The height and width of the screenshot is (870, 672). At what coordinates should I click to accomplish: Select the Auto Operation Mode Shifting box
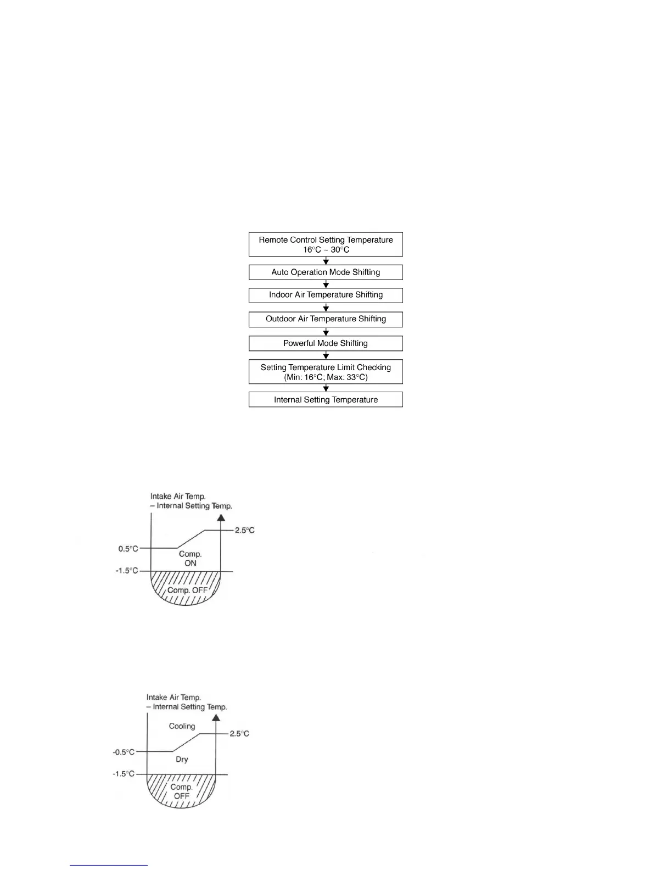(326, 272)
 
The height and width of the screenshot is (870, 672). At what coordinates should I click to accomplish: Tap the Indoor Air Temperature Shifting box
(326, 295)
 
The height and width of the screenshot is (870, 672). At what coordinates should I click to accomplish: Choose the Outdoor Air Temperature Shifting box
(326, 319)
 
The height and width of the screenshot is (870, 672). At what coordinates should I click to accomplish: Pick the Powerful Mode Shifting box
(326, 343)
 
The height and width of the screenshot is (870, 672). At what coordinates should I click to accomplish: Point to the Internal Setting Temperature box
(326, 400)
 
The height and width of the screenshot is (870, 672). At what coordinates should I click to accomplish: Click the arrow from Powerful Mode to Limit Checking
(326, 355)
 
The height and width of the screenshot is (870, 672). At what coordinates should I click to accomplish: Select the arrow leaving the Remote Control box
(326, 261)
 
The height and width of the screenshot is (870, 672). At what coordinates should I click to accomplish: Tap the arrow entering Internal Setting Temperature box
(326, 388)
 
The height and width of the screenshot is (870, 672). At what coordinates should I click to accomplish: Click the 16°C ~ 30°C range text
(326, 250)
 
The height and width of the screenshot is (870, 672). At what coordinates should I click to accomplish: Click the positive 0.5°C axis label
(128, 549)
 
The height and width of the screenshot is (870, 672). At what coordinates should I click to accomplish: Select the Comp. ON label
(191, 559)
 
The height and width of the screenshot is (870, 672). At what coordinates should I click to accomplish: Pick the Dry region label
(182, 760)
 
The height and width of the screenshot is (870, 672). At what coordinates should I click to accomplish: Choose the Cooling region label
(182, 726)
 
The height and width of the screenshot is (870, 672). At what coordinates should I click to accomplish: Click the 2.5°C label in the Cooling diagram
(239, 734)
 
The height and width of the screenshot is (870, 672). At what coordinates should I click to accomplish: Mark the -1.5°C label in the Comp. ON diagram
(127, 571)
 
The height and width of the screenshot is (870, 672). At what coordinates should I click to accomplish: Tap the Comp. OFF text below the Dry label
(181, 791)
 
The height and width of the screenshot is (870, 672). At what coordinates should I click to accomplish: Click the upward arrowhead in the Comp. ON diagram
(221, 518)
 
